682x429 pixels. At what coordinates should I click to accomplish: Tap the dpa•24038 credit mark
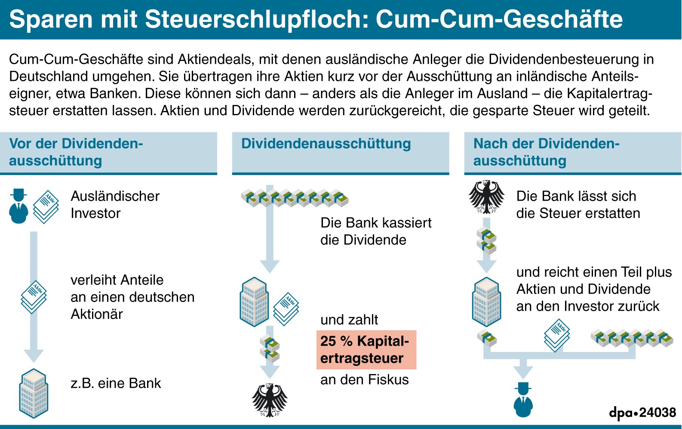click(642, 413)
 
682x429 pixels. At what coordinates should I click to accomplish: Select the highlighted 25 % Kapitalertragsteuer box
click(366, 349)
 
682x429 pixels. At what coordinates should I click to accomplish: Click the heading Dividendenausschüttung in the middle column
click(326, 144)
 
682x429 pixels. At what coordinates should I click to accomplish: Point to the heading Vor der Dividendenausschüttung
click(76, 152)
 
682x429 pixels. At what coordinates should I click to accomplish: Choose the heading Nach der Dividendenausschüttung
click(546, 152)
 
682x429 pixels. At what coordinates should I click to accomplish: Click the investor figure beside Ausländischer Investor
click(18, 206)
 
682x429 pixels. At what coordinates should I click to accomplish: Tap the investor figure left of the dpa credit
click(523, 399)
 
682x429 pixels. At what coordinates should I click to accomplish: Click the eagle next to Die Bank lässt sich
click(486, 197)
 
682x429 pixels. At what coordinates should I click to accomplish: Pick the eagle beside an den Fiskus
click(270, 400)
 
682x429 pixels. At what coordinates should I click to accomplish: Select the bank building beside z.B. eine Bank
click(34, 393)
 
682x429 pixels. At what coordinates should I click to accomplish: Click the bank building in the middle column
click(254, 301)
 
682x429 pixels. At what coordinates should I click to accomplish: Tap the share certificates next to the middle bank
click(286, 309)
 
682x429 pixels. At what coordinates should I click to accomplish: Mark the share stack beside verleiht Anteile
click(34, 297)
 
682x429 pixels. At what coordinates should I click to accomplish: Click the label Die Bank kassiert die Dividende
click(375, 231)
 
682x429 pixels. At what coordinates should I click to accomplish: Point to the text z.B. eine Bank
click(116, 383)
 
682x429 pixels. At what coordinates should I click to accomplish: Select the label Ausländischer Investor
click(115, 205)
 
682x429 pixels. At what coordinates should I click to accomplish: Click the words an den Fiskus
click(364, 380)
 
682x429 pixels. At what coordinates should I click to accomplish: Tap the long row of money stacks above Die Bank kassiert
click(295, 198)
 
